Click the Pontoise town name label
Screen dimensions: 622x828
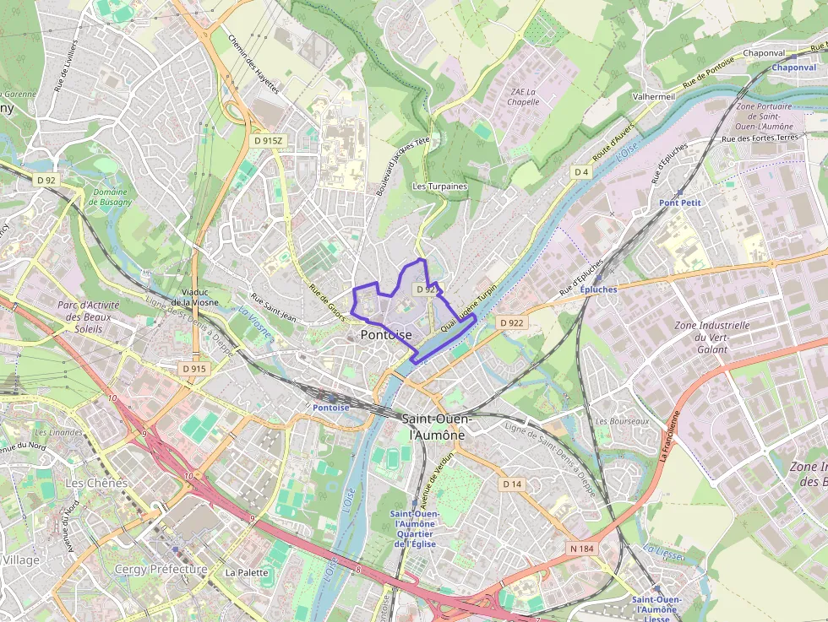coord(386,335)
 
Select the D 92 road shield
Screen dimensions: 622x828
coord(46,180)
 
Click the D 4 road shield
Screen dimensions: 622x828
coord(580,172)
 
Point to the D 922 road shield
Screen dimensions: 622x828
coord(511,322)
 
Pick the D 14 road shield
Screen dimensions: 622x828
coord(512,484)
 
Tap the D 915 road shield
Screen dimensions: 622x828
coord(193,369)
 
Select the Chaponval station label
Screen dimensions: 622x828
coord(793,68)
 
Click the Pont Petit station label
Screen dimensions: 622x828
coord(680,203)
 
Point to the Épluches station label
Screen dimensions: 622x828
coord(598,289)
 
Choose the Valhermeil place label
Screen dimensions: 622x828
coord(654,97)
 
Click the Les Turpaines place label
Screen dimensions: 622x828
coord(439,187)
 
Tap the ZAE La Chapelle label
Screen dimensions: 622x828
coord(524,96)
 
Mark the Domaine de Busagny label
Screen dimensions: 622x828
coord(110,197)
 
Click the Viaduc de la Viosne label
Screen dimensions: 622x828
coord(194,295)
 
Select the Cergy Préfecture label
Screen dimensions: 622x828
coord(161,570)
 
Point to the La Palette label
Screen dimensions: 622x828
coord(247,572)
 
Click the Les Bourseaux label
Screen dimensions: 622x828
coord(622,421)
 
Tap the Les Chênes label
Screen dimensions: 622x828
coord(96,483)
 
